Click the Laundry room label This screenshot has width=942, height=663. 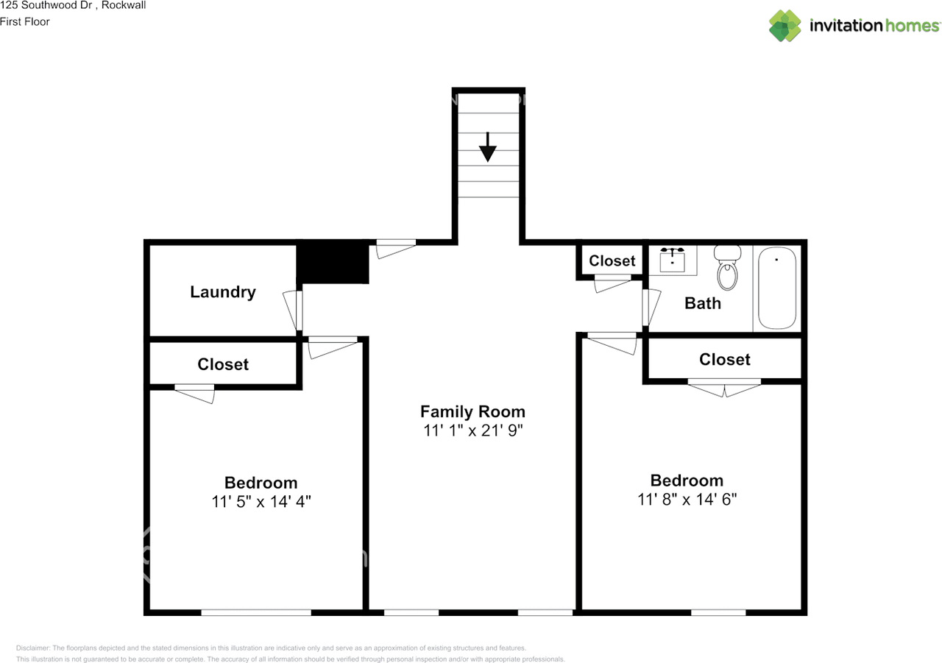pyautogui.click(x=223, y=292)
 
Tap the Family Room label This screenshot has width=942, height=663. pyautogui.click(x=472, y=411)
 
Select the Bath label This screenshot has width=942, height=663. pyautogui.click(x=703, y=304)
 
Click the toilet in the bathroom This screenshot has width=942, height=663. pyautogui.click(x=727, y=268)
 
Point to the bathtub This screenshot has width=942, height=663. pyautogui.click(x=777, y=288)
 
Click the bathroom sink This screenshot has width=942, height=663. pyautogui.click(x=672, y=260)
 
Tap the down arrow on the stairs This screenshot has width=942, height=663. pyautogui.click(x=488, y=147)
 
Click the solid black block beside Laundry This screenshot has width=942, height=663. pyautogui.click(x=333, y=263)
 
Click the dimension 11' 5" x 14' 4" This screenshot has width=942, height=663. pyautogui.click(x=261, y=502)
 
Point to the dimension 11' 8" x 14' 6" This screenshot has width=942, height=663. pyautogui.click(x=687, y=500)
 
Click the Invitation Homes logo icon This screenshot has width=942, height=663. pyautogui.click(x=785, y=26)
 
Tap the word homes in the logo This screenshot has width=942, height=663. pyautogui.click(x=912, y=26)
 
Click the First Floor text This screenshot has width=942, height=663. pyautogui.click(x=25, y=22)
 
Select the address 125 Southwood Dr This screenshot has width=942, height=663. pyautogui.click(x=46, y=5)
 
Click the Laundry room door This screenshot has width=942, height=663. pyautogui.click(x=293, y=311)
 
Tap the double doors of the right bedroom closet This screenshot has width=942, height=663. pyautogui.click(x=724, y=388)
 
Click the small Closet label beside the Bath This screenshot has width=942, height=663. pyautogui.click(x=612, y=260)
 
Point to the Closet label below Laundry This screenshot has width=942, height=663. pyautogui.click(x=223, y=364)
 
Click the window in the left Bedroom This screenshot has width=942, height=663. pyautogui.click(x=256, y=612)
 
